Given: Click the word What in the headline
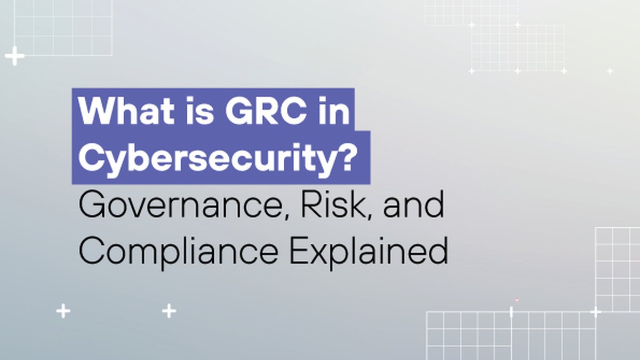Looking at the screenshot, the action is click(126, 110).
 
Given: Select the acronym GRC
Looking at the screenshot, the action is click(266, 110).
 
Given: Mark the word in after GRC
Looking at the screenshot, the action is click(334, 110).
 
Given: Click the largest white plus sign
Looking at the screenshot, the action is click(14, 55).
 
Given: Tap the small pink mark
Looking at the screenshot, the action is click(517, 300).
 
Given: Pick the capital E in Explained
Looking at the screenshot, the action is click(298, 251).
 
